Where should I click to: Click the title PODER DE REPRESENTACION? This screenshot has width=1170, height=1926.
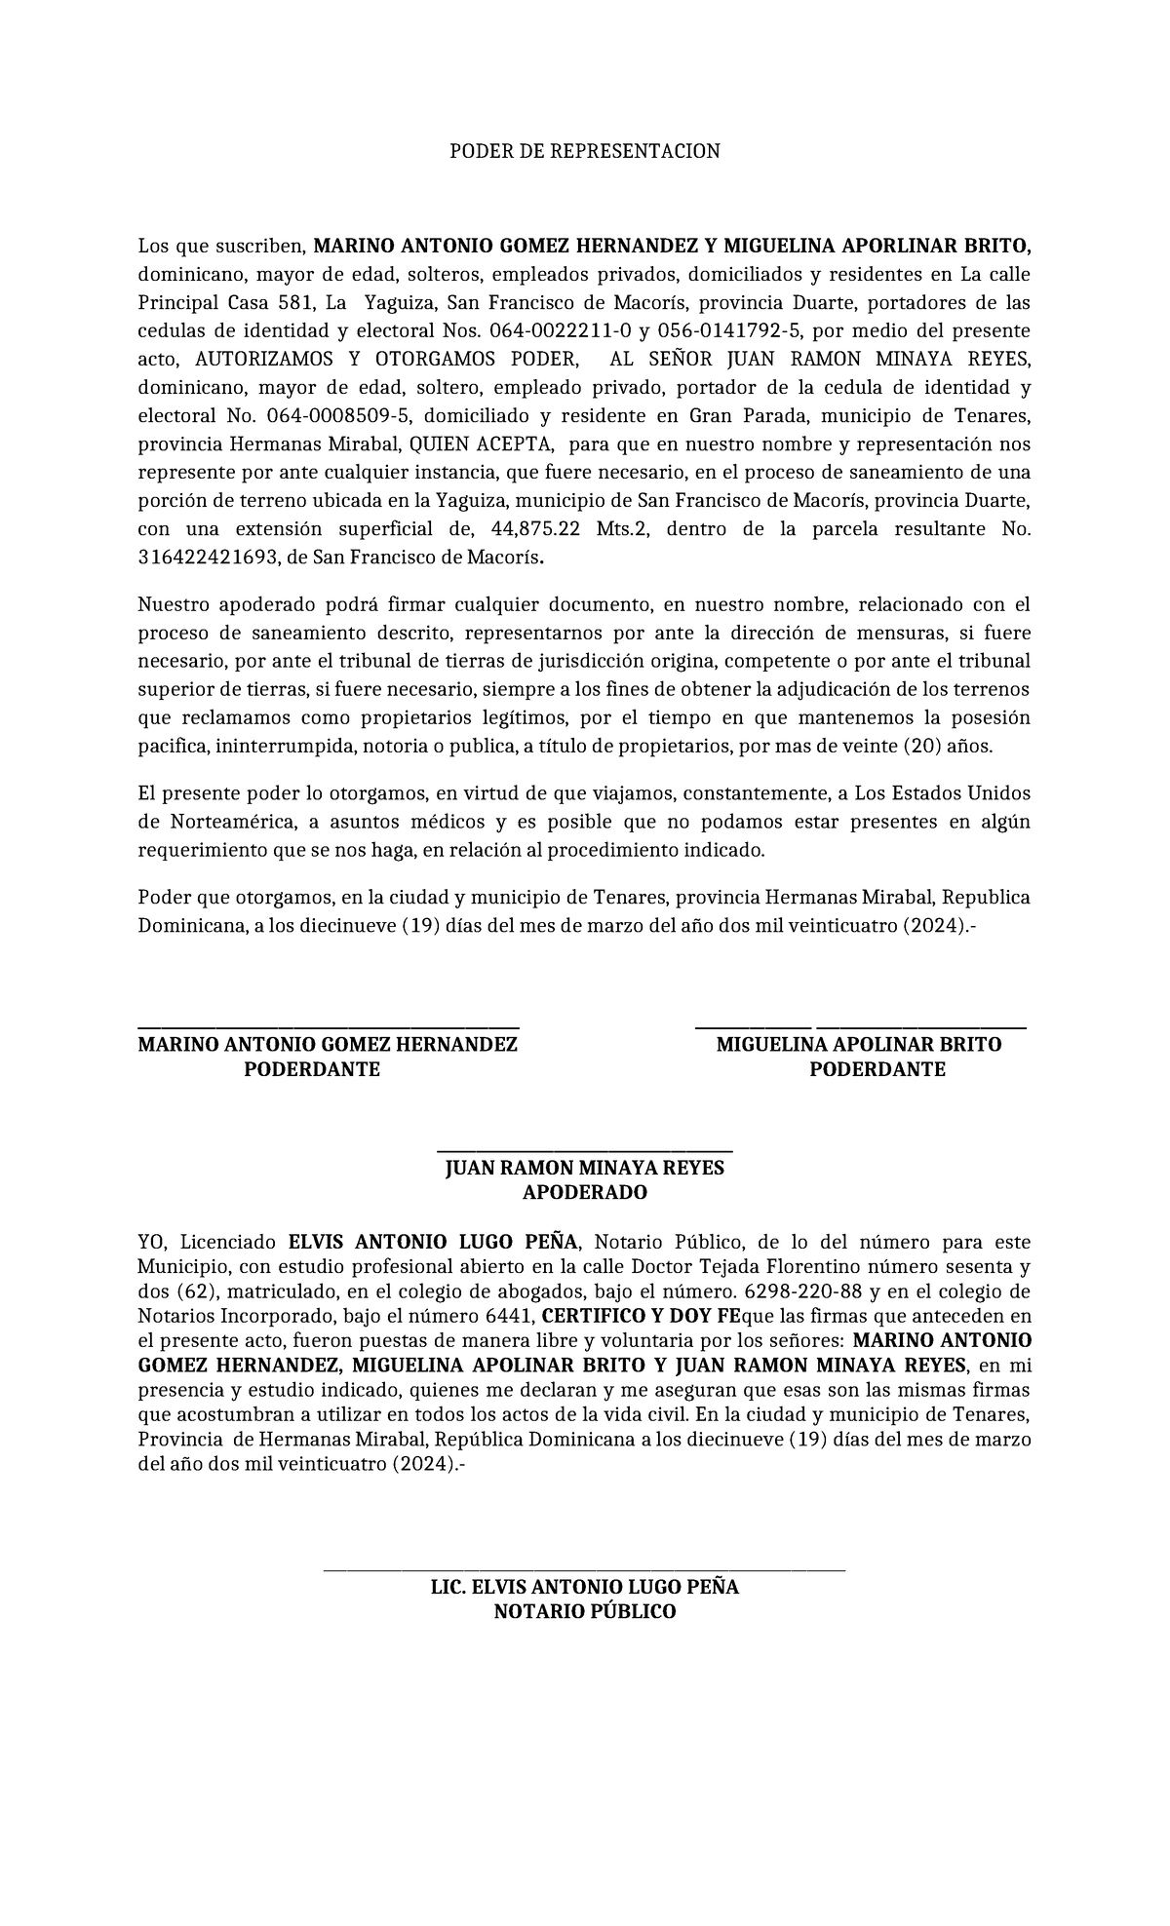584,151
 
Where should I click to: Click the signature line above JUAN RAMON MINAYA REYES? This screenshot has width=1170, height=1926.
585,1151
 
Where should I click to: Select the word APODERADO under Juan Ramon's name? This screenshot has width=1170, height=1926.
585,1193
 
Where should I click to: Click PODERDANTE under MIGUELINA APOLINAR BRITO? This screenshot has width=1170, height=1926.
877,1069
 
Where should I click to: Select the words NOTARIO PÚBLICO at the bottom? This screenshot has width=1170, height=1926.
585,1612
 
